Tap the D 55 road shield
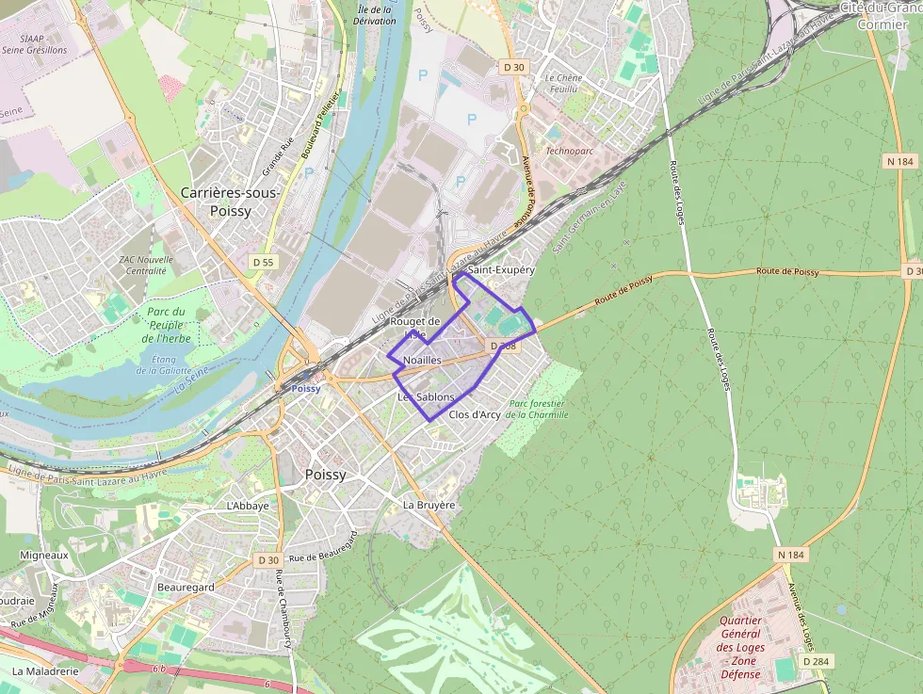263,261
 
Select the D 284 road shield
815,661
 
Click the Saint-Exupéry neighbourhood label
501,269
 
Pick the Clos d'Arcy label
475,414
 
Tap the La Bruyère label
429,505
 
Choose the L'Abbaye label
248,506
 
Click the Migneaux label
45,556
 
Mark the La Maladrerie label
45,672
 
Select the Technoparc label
570,151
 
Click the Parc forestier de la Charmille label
537,409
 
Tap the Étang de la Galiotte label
170,364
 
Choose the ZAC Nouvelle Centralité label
146,266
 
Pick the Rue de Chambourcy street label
282,609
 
